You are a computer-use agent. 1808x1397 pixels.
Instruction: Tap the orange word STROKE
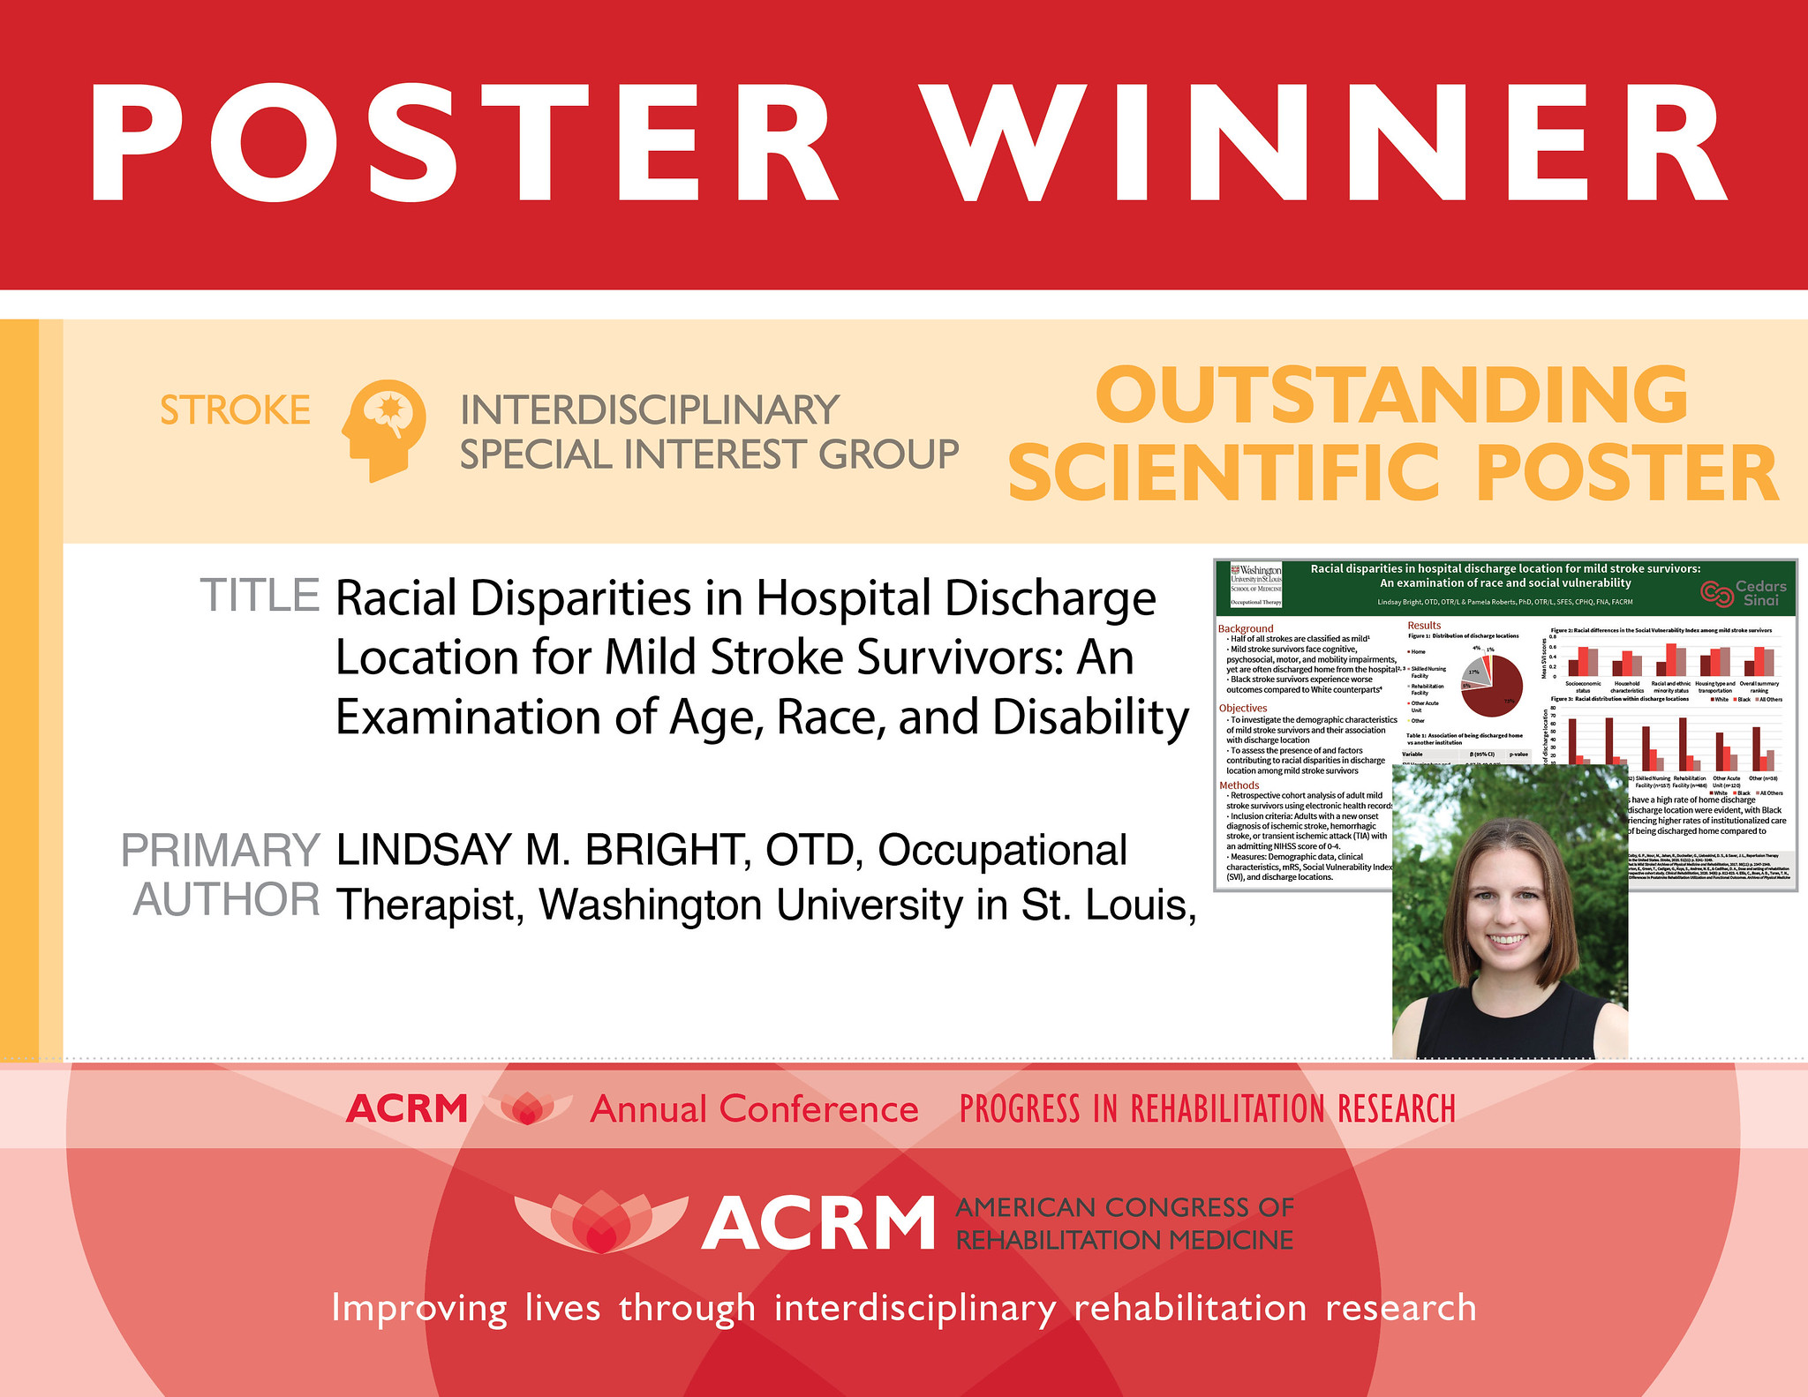pyautogui.click(x=235, y=410)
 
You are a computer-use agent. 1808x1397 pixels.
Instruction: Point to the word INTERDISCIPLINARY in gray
pyautogui.click(x=650, y=410)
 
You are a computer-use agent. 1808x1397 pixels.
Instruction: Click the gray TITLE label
pyautogui.click(x=260, y=596)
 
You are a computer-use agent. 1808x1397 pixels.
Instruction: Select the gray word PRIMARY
pyautogui.click(x=220, y=851)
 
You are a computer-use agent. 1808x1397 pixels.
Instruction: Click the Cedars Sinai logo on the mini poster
pyautogui.click(x=1744, y=593)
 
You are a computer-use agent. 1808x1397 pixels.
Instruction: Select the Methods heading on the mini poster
pyautogui.click(x=1239, y=785)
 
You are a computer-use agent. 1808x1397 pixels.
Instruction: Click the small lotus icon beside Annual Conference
pyautogui.click(x=528, y=1108)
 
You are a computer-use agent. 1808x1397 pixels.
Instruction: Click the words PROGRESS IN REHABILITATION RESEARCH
pyautogui.click(x=1207, y=1109)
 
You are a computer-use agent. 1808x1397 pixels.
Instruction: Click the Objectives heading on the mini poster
pyautogui.click(x=1242, y=708)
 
